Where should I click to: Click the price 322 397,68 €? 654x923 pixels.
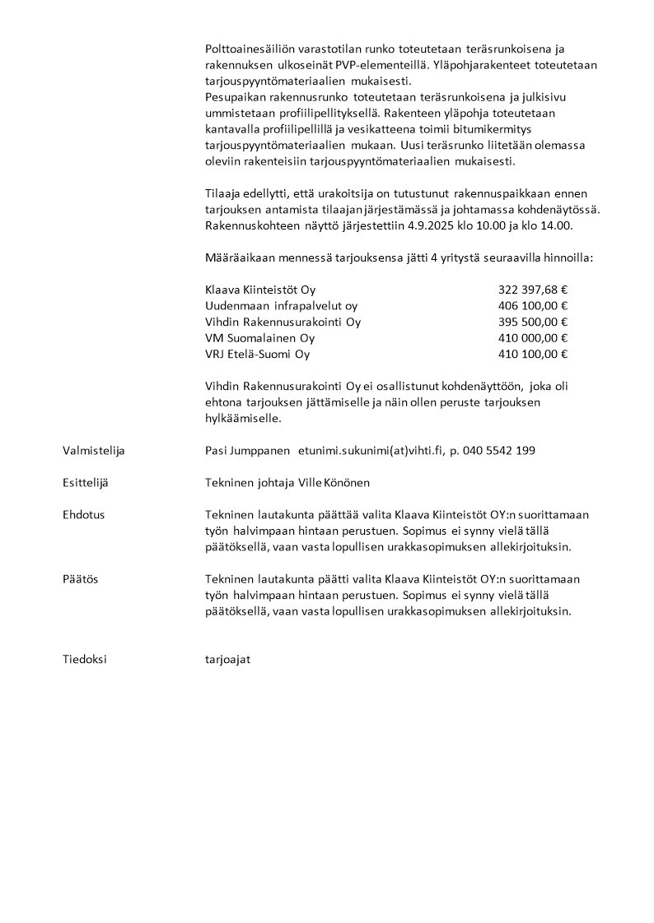point(533,290)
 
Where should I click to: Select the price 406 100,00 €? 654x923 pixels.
point(533,306)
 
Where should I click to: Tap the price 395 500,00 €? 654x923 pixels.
point(533,322)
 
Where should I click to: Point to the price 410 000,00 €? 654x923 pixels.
point(533,338)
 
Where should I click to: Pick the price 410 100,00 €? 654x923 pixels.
point(533,355)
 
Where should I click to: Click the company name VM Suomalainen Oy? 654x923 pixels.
point(259,338)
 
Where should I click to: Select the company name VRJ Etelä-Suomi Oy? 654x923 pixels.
point(257,355)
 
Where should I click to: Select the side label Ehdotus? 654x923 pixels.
point(83,514)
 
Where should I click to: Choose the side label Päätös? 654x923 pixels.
point(80,579)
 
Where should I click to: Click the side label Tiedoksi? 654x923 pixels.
point(85,659)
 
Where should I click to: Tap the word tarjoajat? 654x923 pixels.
point(227,659)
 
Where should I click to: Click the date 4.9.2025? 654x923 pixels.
point(442,225)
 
